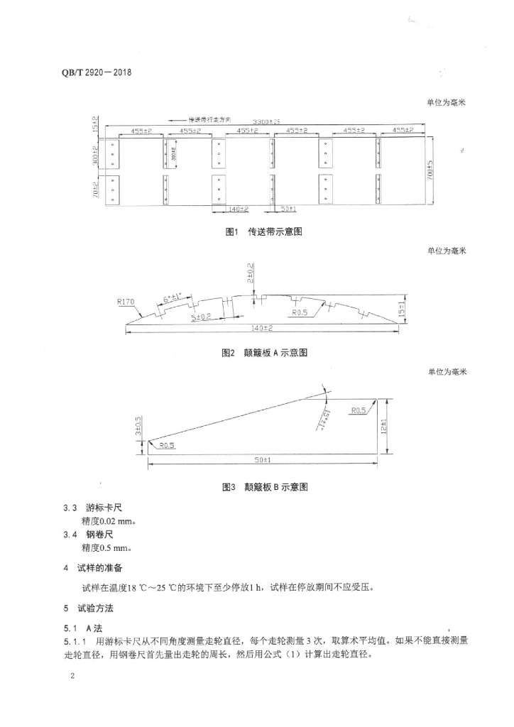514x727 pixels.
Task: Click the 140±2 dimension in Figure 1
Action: pyautogui.click(x=238, y=209)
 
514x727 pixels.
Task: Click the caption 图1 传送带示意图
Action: pyautogui.click(x=263, y=233)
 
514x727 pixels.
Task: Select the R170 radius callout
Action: pyautogui.click(x=126, y=302)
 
